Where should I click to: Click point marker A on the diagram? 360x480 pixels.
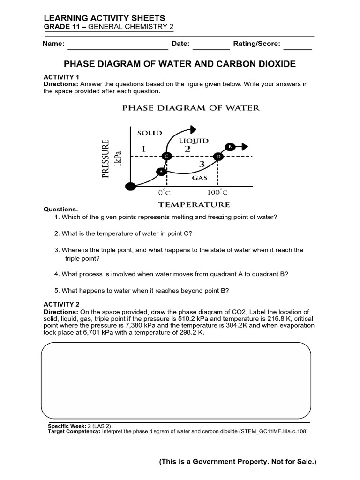pos(161,172)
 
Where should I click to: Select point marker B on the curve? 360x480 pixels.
pos(230,147)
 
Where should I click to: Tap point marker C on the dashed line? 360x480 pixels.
pos(166,156)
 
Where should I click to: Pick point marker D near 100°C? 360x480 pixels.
pos(218,156)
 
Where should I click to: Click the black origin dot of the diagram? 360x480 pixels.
pos(130,187)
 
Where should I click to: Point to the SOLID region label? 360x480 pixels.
pos(150,133)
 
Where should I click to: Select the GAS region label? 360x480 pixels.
pos(199,178)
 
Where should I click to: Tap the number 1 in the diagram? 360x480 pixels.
pos(144,149)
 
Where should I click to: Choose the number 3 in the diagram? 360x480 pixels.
pos(202,164)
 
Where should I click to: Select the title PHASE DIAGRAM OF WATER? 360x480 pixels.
pos(191,108)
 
